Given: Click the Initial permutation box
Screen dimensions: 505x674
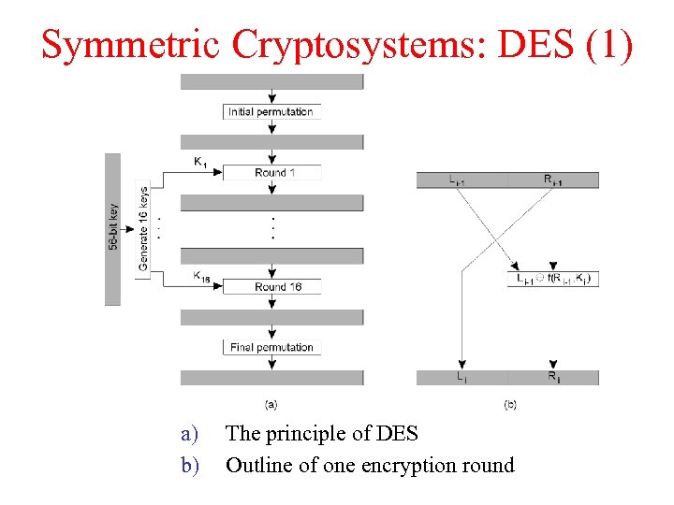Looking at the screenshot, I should (271, 112).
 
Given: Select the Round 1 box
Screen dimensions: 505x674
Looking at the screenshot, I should (272, 173).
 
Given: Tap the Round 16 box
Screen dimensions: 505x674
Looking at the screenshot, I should (272, 286).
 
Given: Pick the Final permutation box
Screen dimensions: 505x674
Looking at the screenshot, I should (271, 348).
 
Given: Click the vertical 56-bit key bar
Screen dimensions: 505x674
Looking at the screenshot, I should (113, 229).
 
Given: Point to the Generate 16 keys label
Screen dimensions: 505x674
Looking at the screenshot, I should (143, 229).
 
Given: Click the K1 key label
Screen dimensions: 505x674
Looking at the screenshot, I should (200, 162).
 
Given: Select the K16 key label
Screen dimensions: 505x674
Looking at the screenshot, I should (201, 276).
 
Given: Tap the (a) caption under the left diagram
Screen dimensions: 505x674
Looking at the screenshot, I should (271, 404).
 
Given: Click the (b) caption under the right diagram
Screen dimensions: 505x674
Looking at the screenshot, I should (509, 404).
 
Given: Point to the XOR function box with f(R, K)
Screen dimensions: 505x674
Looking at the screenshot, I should (554, 279).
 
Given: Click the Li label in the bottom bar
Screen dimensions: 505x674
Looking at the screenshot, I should (462, 378).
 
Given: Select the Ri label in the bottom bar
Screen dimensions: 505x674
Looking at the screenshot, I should (553, 378).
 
